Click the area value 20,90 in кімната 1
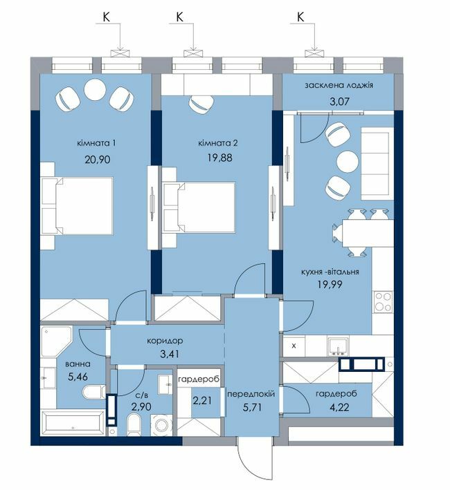click(x=98, y=160)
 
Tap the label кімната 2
click(x=218, y=143)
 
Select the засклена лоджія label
click(x=339, y=85)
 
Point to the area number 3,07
click(x=339, y=102)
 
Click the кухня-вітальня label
click(x=330, y=272)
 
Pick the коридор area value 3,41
click(x=170, y=355)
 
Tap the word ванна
click(x=78, y=364)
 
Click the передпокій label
click(x=251, y=394)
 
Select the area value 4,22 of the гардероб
click(x=339, y=408)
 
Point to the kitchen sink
click(x=338, y=346)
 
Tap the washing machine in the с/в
click(x=161, y=425)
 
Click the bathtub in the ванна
click(x=73, y=423)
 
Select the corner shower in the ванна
click(x=55, y=342)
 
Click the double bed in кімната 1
click(x=77, y=205)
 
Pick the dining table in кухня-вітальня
click(x=368, y=233)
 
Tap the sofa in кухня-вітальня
click(x=377, y=163)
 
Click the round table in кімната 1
click(x=94, y=88)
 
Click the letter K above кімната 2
click(x=179, y=17)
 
